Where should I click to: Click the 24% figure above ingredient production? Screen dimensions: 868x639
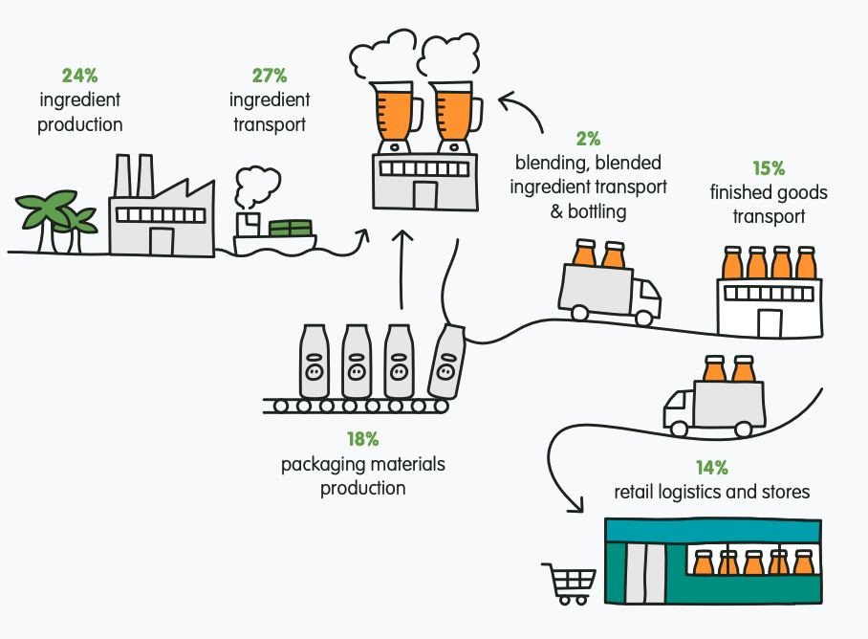pyautogui.click(x=79, y=76)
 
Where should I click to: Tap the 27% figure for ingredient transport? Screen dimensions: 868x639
pyautogui.click(x=270, y=76)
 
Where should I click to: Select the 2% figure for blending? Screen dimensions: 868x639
pyautogui.click(x=589, y=139)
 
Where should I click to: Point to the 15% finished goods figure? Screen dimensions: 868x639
pyautogui.click(x=769, y=167)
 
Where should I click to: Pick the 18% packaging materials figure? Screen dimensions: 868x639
pyautogui.click(x=363, y=439)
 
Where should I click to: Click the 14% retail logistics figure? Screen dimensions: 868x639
pyautogui.click(x=712, y=468)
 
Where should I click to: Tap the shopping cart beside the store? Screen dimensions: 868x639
pyautogui.click(x=569, y=584)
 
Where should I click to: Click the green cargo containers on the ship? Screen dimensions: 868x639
pyautogui.click(x=291, y=228)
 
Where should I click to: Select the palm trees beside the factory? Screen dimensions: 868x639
pyautogui.click(x=55, y=222)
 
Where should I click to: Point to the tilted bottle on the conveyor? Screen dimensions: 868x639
pyautogui.click(x=446, y=362)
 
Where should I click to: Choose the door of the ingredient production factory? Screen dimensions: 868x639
pyautogui.click(x=162, y=241)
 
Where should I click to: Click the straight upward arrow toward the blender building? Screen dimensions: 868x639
pyautogui.click(x=402, y=269)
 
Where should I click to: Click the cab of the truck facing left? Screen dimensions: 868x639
pyautogui.click(x=679, y=412)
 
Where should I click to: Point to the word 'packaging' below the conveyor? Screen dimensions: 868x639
pyautogui.click(x=322, y=465)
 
